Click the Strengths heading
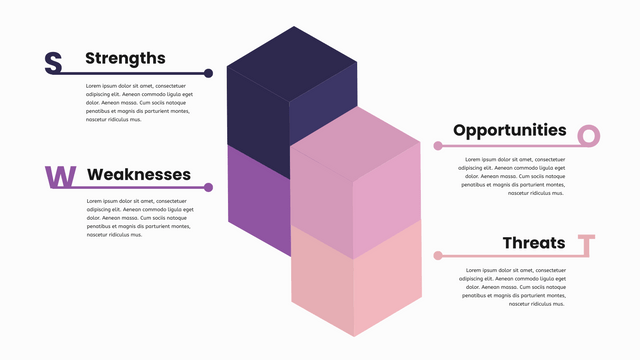coord(125,58)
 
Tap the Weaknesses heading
coord(139,174)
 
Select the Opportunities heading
coord(509,130)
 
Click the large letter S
coord(53,63)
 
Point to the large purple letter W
coord(61,177)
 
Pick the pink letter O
coord(589,136)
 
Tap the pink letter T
coord(587,245)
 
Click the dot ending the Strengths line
coord(208,73)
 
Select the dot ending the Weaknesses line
coord(208,187)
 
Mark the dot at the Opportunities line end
coord(438,146)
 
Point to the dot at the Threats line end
coord(438,256)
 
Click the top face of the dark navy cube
coord(293,62)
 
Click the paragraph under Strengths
coord(137,103)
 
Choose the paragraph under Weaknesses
coord(137,217)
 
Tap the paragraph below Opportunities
coord(513,176)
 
